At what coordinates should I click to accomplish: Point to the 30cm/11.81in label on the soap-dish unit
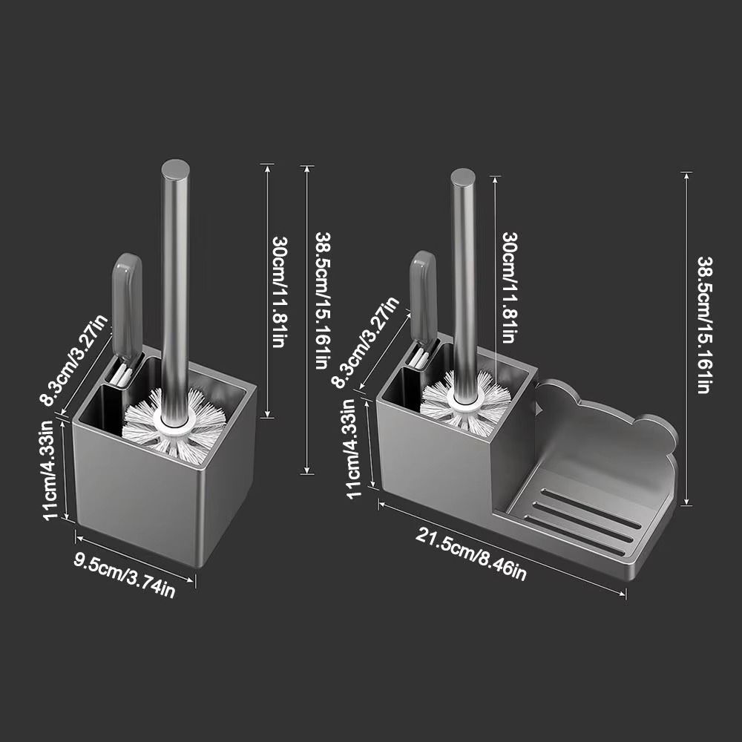point(509,286)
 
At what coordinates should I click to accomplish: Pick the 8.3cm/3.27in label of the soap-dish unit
point(365,342)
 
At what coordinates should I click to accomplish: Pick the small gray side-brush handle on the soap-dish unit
point(423,293)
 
